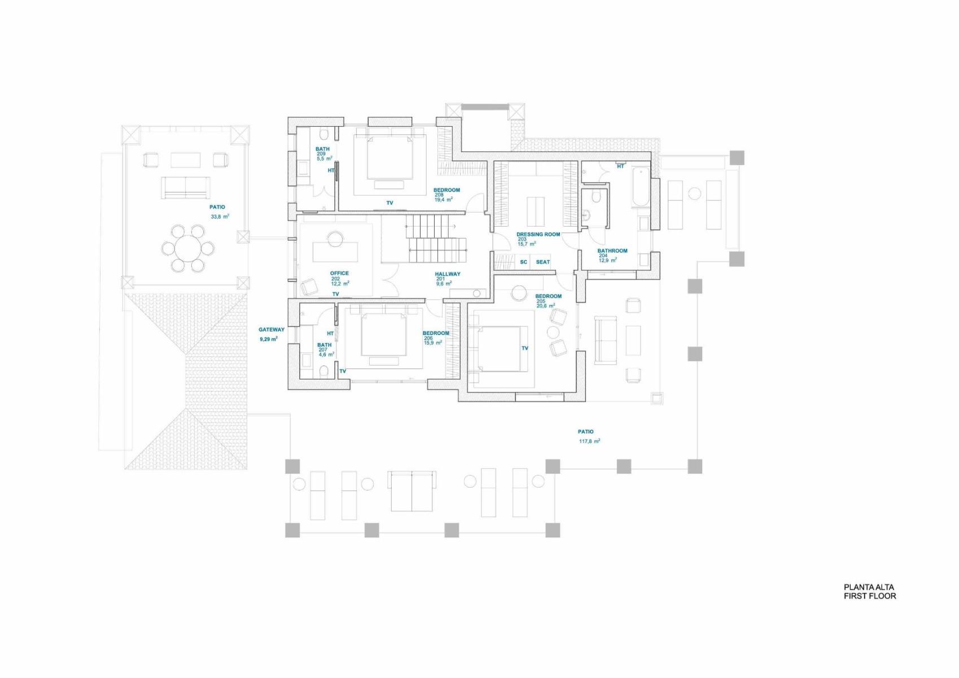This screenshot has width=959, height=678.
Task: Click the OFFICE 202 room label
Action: [339, 278]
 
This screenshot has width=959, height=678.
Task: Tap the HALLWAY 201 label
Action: [448, 279]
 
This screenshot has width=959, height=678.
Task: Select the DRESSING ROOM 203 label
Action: [538, 239]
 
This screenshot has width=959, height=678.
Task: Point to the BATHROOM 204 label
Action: [612, 255]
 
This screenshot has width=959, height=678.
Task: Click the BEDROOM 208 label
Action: [446, 194]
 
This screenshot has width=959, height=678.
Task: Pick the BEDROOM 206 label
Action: [436, 338]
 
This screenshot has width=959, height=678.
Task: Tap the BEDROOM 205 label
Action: [549, 301]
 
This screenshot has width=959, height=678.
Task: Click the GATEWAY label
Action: [272, 329]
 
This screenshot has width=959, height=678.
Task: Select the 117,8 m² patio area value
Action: [589, 441]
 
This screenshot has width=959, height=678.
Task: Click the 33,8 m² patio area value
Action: [220, 216]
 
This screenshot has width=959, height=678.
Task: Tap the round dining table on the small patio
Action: [188, 247]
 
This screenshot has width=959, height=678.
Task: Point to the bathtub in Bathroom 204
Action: [641, 188]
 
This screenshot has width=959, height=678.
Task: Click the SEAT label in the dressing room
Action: [543, 262]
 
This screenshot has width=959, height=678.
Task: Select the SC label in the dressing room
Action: [524, 262]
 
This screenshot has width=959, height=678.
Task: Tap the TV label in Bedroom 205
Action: [525, 348]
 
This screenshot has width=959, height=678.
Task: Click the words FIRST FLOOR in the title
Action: [870, 596]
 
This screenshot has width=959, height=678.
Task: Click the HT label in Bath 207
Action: [330, 333]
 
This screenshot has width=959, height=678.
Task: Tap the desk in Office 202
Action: [335, 251]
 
